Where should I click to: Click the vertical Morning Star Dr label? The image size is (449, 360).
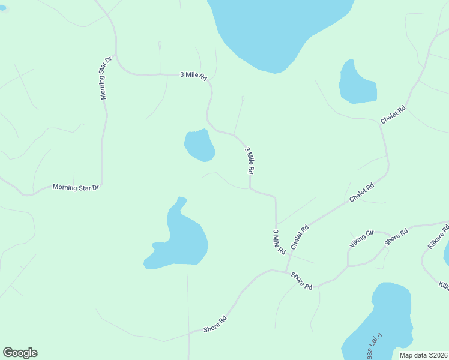tap(106, 78)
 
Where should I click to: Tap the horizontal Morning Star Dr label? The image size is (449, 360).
tap(76, 188)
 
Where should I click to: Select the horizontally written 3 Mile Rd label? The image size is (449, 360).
tap(193, 76)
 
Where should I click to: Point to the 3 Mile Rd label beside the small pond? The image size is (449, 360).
tap(249, 160)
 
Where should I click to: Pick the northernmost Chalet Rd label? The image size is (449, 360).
tap(393, 115)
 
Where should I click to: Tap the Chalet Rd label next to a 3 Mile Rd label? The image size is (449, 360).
tap(299, 237)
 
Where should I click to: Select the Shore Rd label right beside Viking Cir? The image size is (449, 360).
tap(396, 236)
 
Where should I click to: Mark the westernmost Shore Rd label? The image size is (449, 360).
tap(215, 325)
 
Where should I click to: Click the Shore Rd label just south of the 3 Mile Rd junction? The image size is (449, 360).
tap(301, 281)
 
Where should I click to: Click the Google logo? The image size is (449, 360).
tap(20, 353)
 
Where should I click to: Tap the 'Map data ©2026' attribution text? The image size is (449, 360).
tap(423, 355)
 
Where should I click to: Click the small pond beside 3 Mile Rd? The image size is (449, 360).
tap(199, 146)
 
